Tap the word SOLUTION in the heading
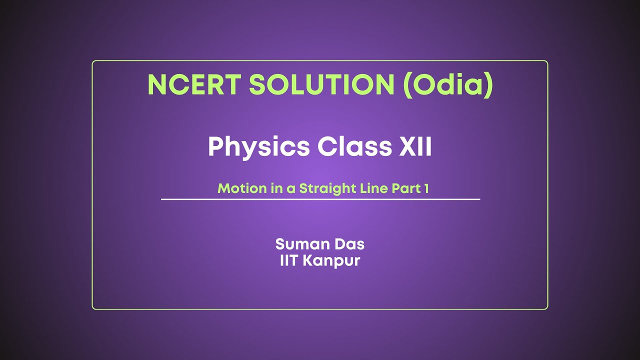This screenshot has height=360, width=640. (322, 85)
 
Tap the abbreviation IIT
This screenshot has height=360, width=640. (288, 260)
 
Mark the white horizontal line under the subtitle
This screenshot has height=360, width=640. (320, 199)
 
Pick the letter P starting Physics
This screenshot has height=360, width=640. (216, 146)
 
